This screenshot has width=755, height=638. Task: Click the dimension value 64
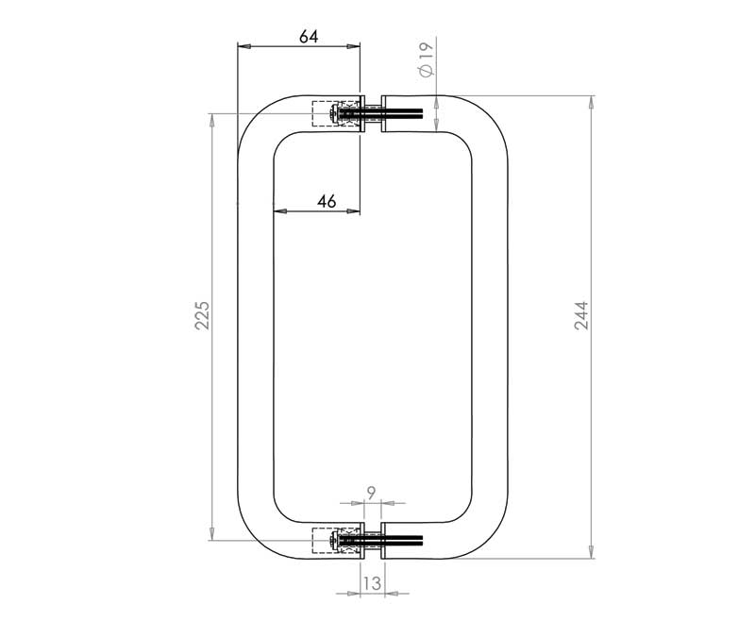pos(309,37)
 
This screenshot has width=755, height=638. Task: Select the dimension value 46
pos(327,201)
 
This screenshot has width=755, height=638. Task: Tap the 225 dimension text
pos(202,315)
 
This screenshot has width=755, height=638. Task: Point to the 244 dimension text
pos(581,315)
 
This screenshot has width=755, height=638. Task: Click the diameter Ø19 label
pos(427,59)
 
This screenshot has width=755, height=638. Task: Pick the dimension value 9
pos(371,493)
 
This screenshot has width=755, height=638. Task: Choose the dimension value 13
pos(372,583)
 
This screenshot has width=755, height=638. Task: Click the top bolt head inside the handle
pos(333,113)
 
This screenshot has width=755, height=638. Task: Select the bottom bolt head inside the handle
pos(333,541)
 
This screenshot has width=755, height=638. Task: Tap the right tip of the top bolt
pos(422,113)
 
